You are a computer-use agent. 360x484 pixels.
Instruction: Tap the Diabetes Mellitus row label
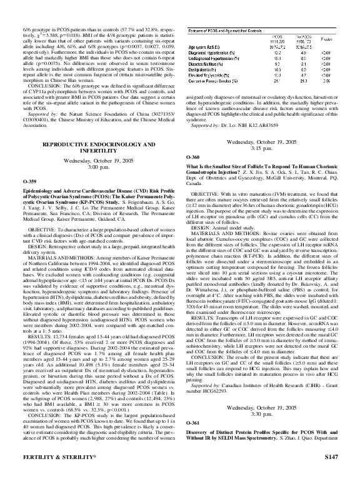tap(209, 63)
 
